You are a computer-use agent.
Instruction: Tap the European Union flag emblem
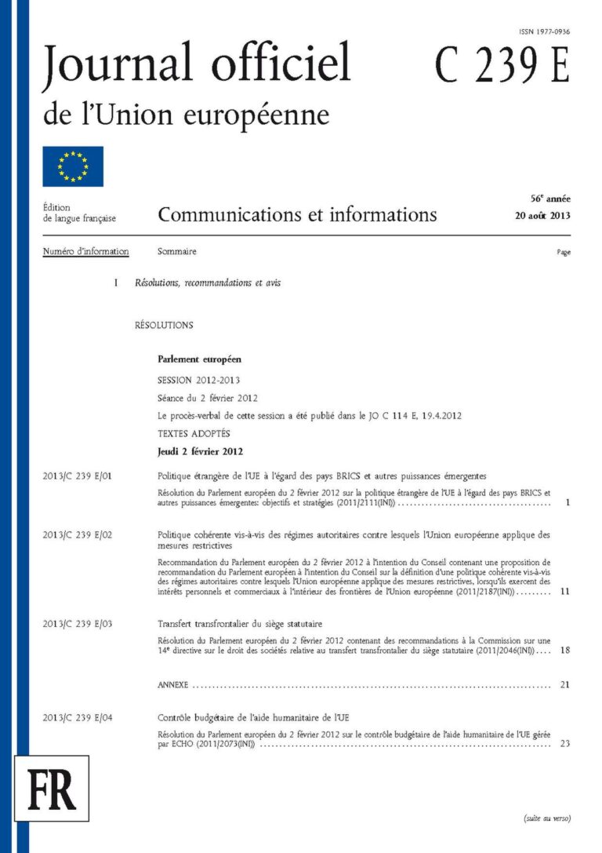(73, 166)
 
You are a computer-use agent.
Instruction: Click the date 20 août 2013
(542, 216)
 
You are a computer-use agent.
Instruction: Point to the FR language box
(52, 791)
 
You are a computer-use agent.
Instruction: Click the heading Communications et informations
(297, 214)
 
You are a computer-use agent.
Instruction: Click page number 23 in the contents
(564, 744)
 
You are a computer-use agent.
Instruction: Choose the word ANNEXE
(172, 685)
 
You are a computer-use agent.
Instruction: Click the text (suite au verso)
(547, 818)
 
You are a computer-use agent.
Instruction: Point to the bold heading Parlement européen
(199, 359)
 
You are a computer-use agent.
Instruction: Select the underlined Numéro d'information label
(86, 252)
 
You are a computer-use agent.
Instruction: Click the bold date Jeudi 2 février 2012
(200, 451)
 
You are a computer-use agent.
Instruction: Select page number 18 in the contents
(564, 651)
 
